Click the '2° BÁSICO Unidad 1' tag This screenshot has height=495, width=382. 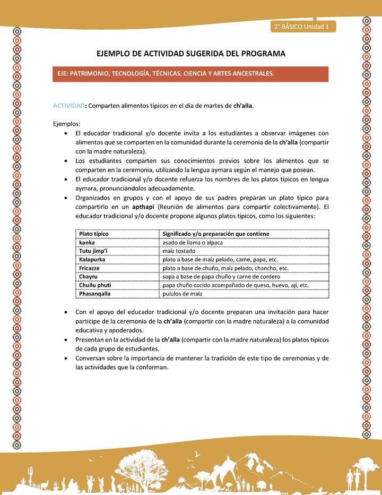point(302,27)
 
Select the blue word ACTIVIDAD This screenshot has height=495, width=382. point(69,105)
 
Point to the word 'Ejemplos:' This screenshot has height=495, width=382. point(66,123)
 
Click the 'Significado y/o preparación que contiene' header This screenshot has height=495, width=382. point(215,234)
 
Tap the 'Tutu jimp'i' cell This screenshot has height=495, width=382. point(93,251)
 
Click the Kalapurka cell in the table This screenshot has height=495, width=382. point(92,259)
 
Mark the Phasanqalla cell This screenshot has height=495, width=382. point(95,293)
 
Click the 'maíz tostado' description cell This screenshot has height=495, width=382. point(179,251)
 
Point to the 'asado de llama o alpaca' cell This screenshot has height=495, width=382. point(192,242)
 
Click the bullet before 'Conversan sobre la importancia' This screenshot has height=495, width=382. point(65,359)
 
